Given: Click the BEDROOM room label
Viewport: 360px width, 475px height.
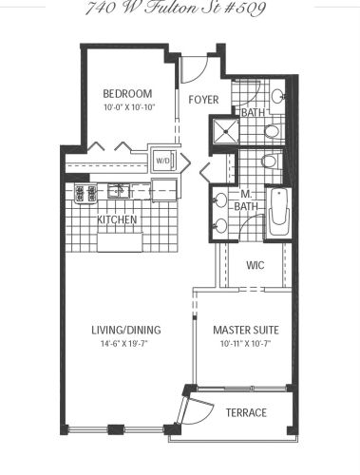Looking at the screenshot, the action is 127,94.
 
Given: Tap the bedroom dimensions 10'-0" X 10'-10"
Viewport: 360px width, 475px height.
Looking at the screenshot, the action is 128,107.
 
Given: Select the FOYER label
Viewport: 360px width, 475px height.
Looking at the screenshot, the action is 203,100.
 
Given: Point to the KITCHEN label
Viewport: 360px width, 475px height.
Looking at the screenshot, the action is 117,219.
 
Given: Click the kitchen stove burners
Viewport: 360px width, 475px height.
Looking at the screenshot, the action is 85,193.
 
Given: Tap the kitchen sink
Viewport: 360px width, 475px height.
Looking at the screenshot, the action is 118,191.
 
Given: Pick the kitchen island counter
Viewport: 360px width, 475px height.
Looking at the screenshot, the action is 120,242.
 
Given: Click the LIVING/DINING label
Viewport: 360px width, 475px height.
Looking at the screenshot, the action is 126,330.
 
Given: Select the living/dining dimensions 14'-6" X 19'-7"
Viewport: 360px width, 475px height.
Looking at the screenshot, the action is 124,344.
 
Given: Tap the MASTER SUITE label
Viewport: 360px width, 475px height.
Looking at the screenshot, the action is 246,331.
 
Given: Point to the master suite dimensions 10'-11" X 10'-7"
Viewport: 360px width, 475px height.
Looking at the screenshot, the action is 245,344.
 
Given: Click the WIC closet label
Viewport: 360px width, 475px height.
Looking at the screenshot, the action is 256,265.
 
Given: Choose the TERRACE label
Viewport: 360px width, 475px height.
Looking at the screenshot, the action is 246,412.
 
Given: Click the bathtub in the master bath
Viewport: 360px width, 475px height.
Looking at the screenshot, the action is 279,212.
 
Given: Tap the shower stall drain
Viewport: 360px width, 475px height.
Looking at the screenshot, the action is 225,131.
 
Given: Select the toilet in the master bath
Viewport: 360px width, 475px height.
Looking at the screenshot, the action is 271,161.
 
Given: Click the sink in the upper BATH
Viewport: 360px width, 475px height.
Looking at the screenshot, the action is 278,96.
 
